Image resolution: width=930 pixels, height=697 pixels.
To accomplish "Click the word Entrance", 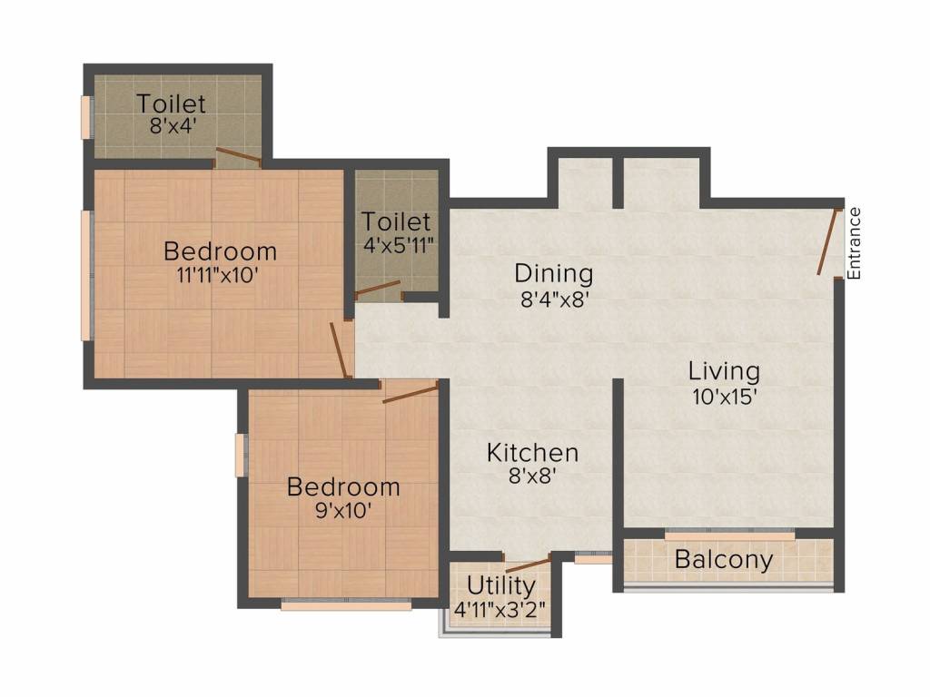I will (854, 242).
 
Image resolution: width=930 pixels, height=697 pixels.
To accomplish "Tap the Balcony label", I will (724, 560).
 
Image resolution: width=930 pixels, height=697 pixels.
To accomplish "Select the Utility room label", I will (500, 585).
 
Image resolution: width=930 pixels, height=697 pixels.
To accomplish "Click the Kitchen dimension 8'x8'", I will (532, 475).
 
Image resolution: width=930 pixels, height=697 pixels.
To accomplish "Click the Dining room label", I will (553, 272).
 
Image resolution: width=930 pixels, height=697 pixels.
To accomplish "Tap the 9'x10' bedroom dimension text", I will (342, 510).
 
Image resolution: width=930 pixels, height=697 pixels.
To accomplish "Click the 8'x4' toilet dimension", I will (172, 125).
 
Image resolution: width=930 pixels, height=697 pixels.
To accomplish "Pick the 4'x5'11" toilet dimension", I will (396, 244).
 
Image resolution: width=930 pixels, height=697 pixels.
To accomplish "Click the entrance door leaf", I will (827, 241).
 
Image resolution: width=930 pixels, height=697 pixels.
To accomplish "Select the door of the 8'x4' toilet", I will (238, 156).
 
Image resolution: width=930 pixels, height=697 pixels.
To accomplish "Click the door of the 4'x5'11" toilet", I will (378, 290).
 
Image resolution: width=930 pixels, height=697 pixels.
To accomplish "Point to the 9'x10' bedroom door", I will (411, 392).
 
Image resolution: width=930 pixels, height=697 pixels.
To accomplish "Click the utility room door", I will (528, 564).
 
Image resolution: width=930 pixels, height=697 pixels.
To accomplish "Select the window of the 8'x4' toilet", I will (86, 117).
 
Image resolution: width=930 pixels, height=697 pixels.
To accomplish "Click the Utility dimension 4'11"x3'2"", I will (500, 609).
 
